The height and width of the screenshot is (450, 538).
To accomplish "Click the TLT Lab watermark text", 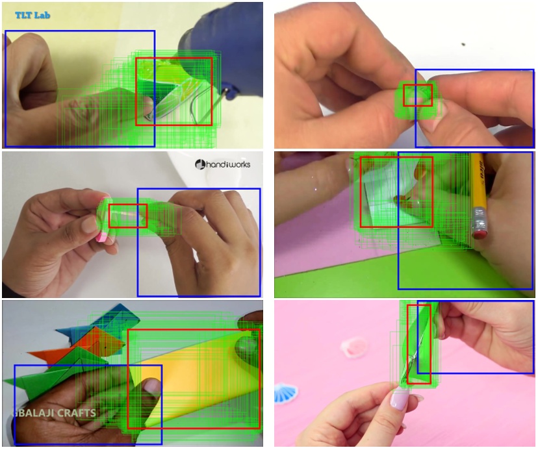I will click(32, 14).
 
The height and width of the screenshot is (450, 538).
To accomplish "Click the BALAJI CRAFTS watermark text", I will click(55, 413).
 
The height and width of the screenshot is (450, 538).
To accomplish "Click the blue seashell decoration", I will click(284, 392).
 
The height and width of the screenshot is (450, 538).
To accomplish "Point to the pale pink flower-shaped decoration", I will click(354, 347).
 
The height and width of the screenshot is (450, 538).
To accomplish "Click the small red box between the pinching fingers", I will click(418, 95).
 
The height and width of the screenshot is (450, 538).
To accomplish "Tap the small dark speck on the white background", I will click(463, 45).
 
